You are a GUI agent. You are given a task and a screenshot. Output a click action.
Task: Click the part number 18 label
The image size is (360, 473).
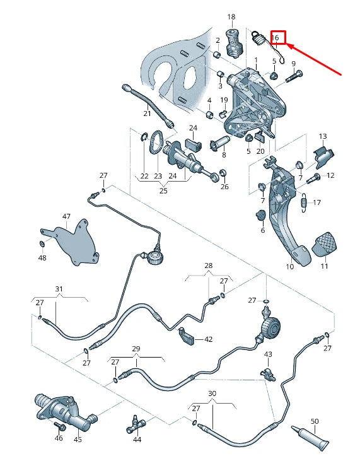pos(231,17)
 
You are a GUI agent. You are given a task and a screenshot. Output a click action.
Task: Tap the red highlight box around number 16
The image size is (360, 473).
pos(277,37)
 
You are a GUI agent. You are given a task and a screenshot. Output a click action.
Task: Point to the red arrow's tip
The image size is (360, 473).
pos(286,45)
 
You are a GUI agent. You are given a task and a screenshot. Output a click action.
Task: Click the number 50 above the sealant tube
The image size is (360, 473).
pos(315,421)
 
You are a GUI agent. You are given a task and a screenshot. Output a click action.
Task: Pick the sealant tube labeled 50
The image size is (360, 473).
pos(311,438)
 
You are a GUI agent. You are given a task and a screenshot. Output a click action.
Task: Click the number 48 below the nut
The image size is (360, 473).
pos(42,257)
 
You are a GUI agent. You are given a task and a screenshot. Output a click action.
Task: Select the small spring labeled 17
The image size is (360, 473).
pos(304,202)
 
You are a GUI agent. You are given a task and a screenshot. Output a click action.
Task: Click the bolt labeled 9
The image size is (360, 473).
pos(293,76)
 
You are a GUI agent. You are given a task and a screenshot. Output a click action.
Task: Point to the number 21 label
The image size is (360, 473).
pos(147,114)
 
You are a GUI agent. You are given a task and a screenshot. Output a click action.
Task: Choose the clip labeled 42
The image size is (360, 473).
pos(186,336)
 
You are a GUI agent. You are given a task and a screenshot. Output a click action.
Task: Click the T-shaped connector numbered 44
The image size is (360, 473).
pos(136,424)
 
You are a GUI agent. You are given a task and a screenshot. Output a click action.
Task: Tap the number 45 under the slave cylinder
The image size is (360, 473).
pos(78,439)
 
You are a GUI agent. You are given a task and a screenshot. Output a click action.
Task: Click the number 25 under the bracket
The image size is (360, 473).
pos(163,190)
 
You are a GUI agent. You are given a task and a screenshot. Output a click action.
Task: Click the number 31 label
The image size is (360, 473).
pos(59,289)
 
